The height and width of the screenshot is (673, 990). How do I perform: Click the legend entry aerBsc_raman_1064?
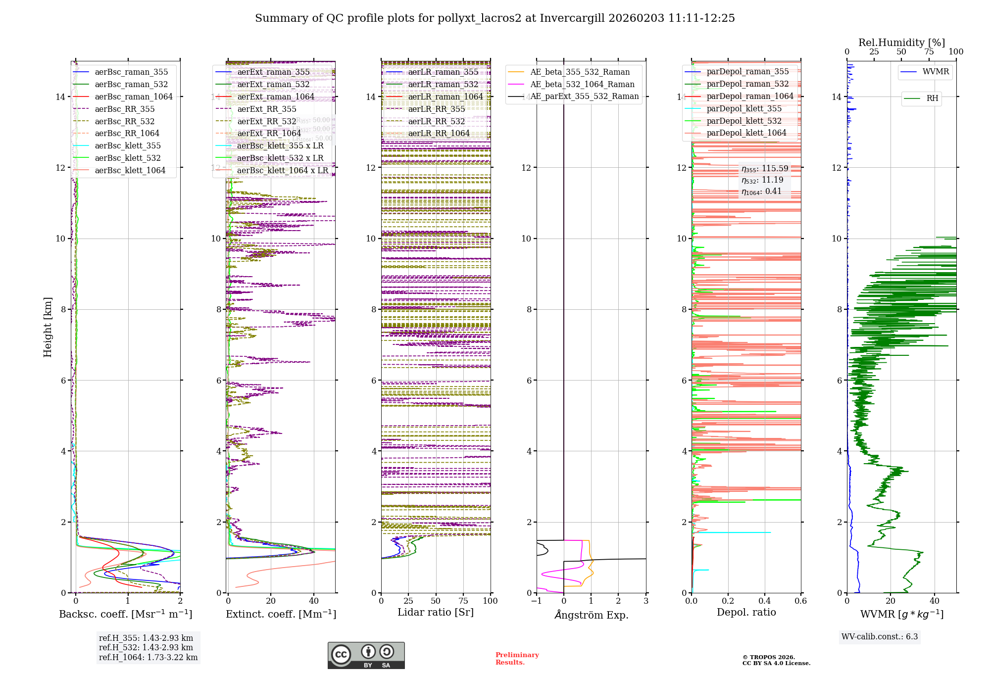[x=134, y=96]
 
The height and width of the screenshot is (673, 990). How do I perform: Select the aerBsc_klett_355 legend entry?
[x=128, y=145]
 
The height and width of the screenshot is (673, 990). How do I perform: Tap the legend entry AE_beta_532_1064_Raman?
[x=582, y=84]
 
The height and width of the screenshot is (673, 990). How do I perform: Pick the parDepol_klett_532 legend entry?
[x=744, y=121]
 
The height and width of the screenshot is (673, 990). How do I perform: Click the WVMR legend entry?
[x=936, y=72]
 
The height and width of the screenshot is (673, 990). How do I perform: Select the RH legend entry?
[x=932, y=98]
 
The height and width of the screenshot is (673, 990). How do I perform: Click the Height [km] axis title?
[x=48, y=327]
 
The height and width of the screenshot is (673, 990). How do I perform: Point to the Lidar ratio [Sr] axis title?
[x=436, y=612]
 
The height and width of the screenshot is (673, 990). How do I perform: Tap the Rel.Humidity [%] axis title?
[x=901, y=43]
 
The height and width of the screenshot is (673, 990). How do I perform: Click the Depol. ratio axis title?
[x=746, y=612]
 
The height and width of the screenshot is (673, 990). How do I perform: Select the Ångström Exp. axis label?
[x=591, y=615]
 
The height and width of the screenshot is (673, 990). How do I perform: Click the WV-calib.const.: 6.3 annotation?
[x=879, y=636]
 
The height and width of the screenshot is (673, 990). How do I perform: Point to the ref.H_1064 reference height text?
[x=148, y=657]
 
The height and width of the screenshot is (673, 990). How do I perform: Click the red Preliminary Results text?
[x=517, y=658]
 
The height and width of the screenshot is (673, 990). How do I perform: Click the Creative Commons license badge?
[x=366, y=655]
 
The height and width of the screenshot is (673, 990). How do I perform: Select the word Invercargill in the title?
[x=572, y=18]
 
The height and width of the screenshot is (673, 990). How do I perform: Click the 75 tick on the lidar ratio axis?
[x=463, y=601]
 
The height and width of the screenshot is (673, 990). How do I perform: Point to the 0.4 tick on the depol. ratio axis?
[x=764, y=601]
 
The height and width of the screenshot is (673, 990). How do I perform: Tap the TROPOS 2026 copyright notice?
[x=776, y=660]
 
